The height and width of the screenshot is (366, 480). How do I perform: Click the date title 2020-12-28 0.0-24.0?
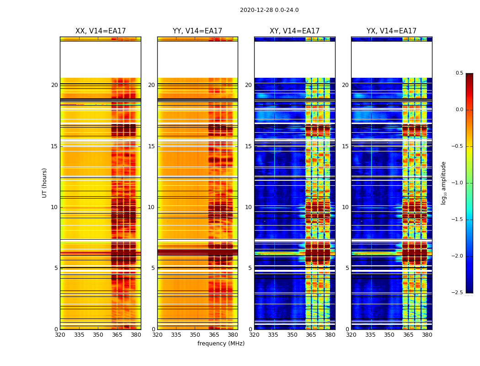[x=269, y=10]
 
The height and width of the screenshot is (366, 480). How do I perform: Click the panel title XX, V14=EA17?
[x=101, y=31]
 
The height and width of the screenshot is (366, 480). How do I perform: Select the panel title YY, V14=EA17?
[x=197, y=31]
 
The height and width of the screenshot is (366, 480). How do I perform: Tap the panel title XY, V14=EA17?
[x=294, y=31]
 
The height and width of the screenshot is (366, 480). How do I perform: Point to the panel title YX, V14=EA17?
[x=391, y=31]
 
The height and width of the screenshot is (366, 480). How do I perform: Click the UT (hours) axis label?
[x=44, y=183]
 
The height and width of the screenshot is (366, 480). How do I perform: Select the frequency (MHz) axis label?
[x=221, y=344]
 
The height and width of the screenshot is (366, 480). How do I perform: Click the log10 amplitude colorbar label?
[x=443, y=183]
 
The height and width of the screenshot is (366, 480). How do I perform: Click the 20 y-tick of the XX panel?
[x=54, y=85]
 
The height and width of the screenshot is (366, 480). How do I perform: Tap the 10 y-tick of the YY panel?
[x=151, y=207]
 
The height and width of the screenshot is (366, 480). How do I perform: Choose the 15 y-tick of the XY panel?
[x=248, y=146]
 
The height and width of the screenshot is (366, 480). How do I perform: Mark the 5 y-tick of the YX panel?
[x=347, y=268]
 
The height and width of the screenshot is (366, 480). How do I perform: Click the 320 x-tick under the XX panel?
[x=60, y=335]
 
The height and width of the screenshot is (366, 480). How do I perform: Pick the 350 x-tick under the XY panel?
[x=292, y=335]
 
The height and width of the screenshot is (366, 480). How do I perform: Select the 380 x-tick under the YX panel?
[x=427, y=335]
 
